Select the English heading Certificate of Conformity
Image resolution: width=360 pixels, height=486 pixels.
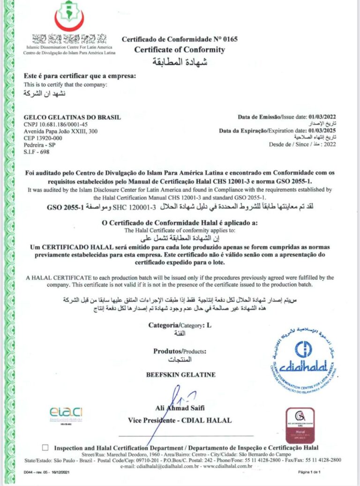(180, 50)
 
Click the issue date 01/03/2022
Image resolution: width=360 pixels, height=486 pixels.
(321, 117)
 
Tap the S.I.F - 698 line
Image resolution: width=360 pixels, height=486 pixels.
(36, 152)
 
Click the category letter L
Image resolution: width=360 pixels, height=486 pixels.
(209, 325)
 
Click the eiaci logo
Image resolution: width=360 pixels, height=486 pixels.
(66, 412)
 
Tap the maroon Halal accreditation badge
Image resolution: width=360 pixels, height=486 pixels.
(300, 425)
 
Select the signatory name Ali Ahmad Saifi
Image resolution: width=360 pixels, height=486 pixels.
(180, 408)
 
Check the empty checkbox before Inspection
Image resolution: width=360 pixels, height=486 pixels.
(45, 448)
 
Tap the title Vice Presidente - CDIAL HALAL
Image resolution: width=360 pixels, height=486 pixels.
(180, 420)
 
